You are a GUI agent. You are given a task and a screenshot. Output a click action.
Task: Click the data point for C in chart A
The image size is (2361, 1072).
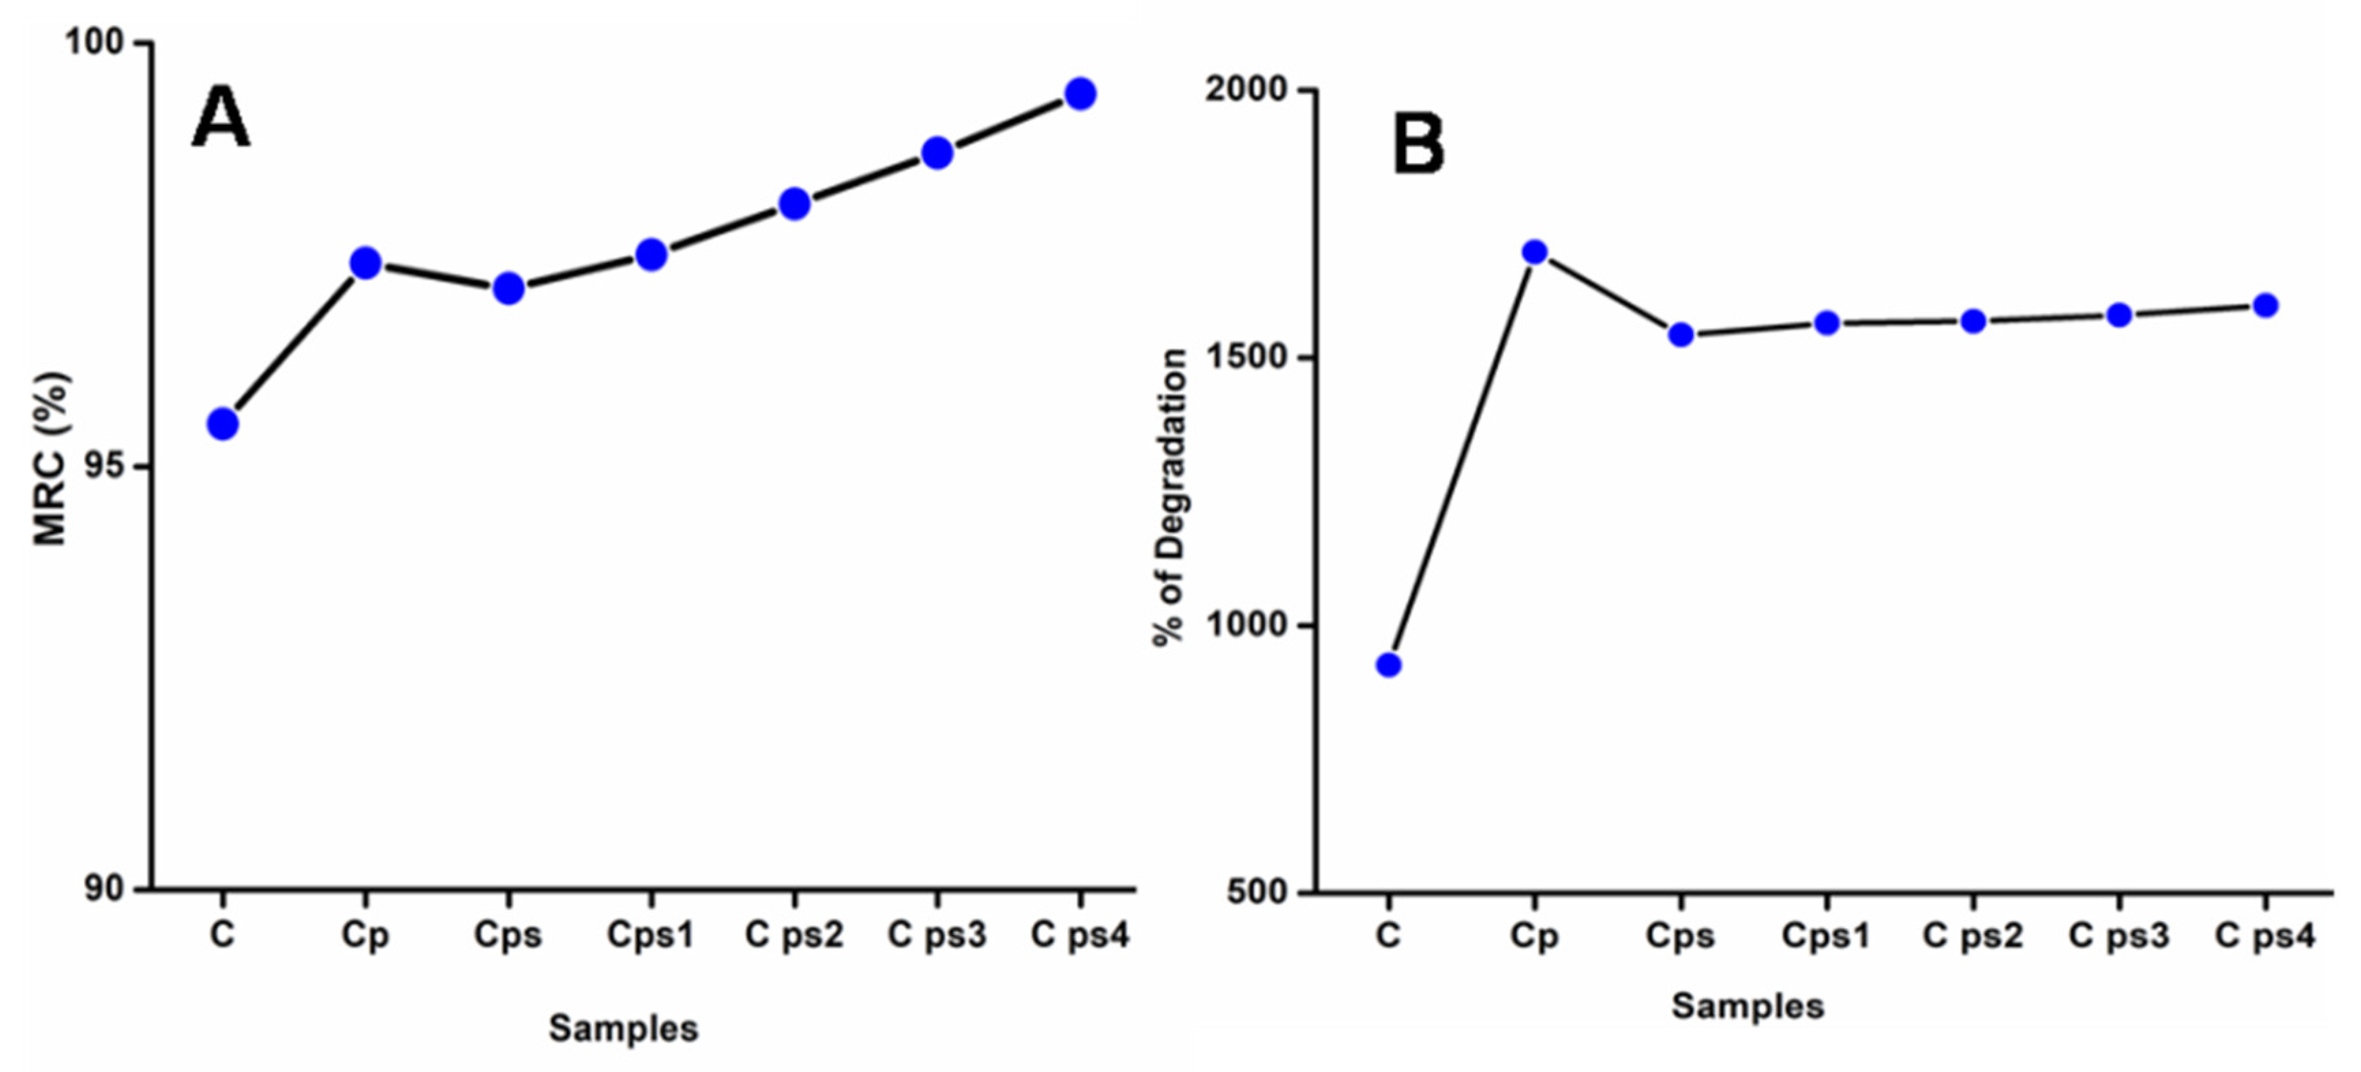pyautogui.click(x=223, y=423)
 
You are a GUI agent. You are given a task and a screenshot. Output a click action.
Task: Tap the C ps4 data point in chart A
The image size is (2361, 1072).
pyautogui.click(x=1080, y=93)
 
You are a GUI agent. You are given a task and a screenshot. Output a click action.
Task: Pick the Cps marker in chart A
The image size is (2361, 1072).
pyautogui.click(x=508, y=289)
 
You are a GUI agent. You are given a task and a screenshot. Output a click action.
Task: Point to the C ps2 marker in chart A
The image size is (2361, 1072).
pyautogui.click(x=794, y=204)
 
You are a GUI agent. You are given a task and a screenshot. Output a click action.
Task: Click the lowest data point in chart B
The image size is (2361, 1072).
pyautogui.click(x=1388, y=665)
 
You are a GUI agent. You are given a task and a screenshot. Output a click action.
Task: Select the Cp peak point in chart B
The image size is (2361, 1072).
pyautogui.click(x=1535, y=252)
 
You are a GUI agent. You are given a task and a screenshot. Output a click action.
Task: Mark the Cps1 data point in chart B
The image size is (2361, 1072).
pyautogui.click(x=1827, y=323)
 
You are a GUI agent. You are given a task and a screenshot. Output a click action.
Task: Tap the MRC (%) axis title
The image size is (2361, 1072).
pyautogui.click(x=50, y=458)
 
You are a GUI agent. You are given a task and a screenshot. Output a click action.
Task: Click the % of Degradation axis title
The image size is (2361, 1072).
pyautogui.click(x=1170, y=498)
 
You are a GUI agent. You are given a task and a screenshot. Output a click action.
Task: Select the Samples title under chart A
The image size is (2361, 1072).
pyautogui.click(x=623, y=1028)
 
